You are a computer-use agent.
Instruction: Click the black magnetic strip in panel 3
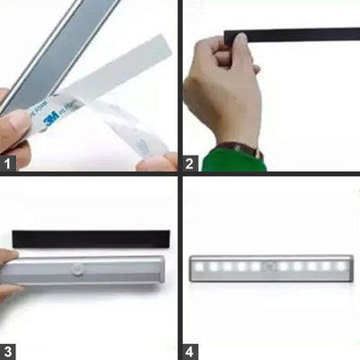[90, 239]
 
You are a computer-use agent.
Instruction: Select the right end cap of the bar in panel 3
[161, 270]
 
